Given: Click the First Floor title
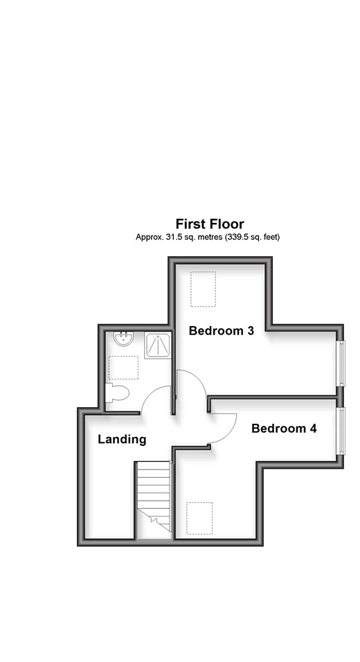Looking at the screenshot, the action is tap(210, 224).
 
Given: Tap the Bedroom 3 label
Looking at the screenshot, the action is tap(221, 330).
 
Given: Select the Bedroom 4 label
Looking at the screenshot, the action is tap(284, 429).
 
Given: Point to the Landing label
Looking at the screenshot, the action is tap(122, 440).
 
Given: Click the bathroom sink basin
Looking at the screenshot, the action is tap(124, 339).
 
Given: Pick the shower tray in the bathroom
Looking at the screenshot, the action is tap(158, 346).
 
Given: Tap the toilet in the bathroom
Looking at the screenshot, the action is tap(117, 393).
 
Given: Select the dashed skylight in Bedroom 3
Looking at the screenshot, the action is tap(203, 289).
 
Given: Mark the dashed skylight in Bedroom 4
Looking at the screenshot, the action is tap(199, 518).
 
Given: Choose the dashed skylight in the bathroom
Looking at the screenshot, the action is tap(124, 368).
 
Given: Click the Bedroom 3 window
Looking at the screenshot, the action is tap(342, 363).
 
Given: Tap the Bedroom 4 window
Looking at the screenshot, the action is tap(342, 431).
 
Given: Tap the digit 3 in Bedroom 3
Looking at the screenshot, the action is tap(251, 330).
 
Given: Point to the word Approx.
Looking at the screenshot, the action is tap(147, 238).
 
